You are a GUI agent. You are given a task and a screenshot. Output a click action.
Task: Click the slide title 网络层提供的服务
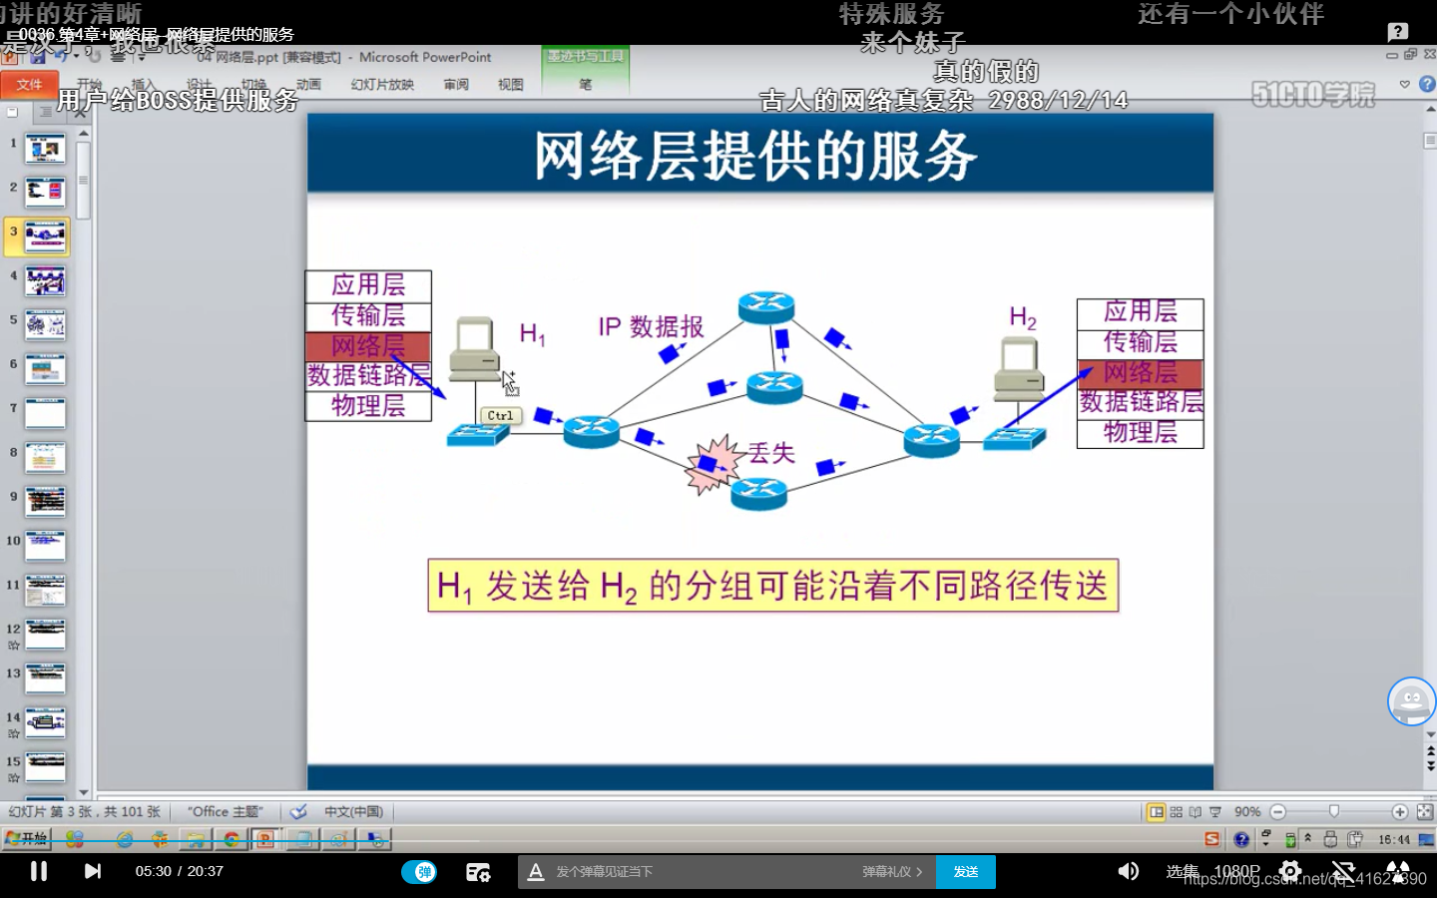(x=755, y=156)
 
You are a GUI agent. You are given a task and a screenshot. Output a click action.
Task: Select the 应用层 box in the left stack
(x=368, y=285)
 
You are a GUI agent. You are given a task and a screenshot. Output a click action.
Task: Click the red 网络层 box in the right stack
(x=1140, y=373)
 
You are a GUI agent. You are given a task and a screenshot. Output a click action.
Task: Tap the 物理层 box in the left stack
(x=368, y=406)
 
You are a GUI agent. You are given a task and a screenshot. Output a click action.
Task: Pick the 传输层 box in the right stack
(x=1140, y=342)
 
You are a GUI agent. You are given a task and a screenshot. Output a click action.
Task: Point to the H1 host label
(x=532, y=333)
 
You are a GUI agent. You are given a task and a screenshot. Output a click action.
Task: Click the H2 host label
(x=1023, y=318)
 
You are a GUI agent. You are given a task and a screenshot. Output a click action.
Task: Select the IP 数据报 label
(x=651, y=327)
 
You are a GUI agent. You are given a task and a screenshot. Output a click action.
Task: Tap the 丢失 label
(x=771, y=453)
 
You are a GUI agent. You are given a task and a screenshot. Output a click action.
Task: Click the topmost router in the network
(x=766, y=306)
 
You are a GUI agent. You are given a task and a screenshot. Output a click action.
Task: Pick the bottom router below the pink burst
(x=758, y=493)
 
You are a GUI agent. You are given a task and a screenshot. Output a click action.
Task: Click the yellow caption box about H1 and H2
(x=772, y=586)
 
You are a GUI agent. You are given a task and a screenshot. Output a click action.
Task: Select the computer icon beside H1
(x=474, y=349)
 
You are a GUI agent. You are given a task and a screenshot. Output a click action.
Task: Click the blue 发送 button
(x=965, y=872)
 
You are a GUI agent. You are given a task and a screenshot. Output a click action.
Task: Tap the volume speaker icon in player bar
(x=1128, y=871)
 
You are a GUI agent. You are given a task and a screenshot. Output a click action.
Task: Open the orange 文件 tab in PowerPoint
(x=29, y=85)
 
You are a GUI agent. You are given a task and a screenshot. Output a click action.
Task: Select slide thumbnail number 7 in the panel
(x=45, y=413)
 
